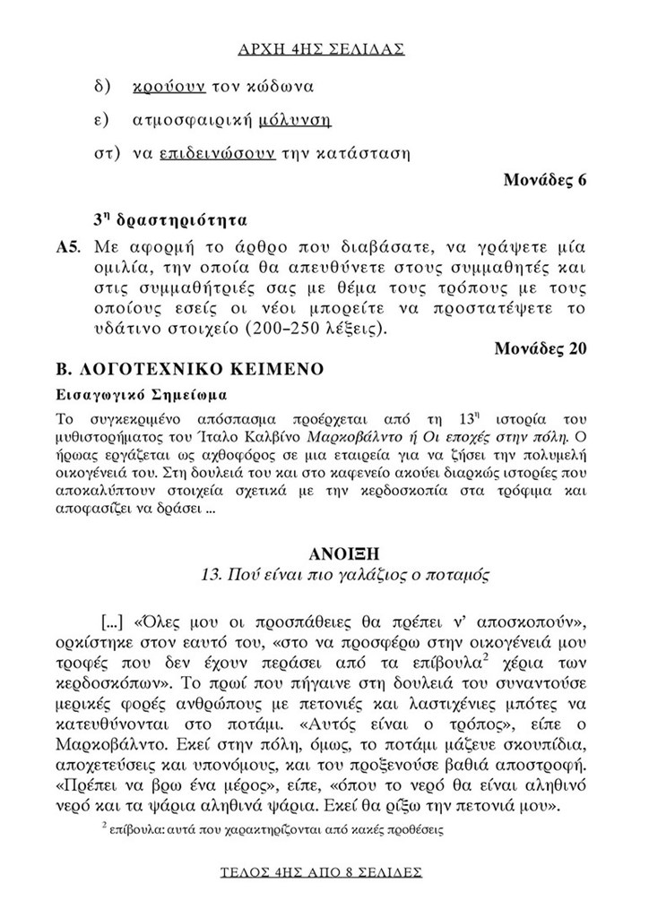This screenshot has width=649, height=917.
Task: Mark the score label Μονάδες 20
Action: (540, 349)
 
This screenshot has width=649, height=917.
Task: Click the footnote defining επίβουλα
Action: (273, 829)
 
